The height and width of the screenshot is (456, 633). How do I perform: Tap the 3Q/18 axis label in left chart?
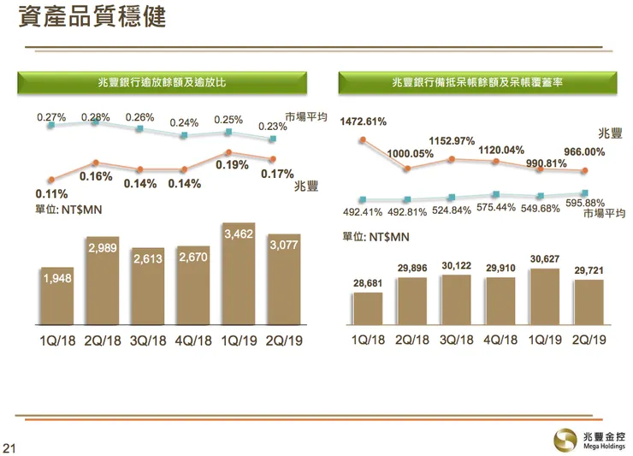click(x=149, y=341)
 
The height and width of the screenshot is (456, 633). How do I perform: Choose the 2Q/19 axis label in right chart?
click(x=589, y=341)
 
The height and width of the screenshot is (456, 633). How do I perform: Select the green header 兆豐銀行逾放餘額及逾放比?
click(x=161, y=81)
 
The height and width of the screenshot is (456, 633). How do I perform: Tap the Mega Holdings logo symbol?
click(x=565, y=438)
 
